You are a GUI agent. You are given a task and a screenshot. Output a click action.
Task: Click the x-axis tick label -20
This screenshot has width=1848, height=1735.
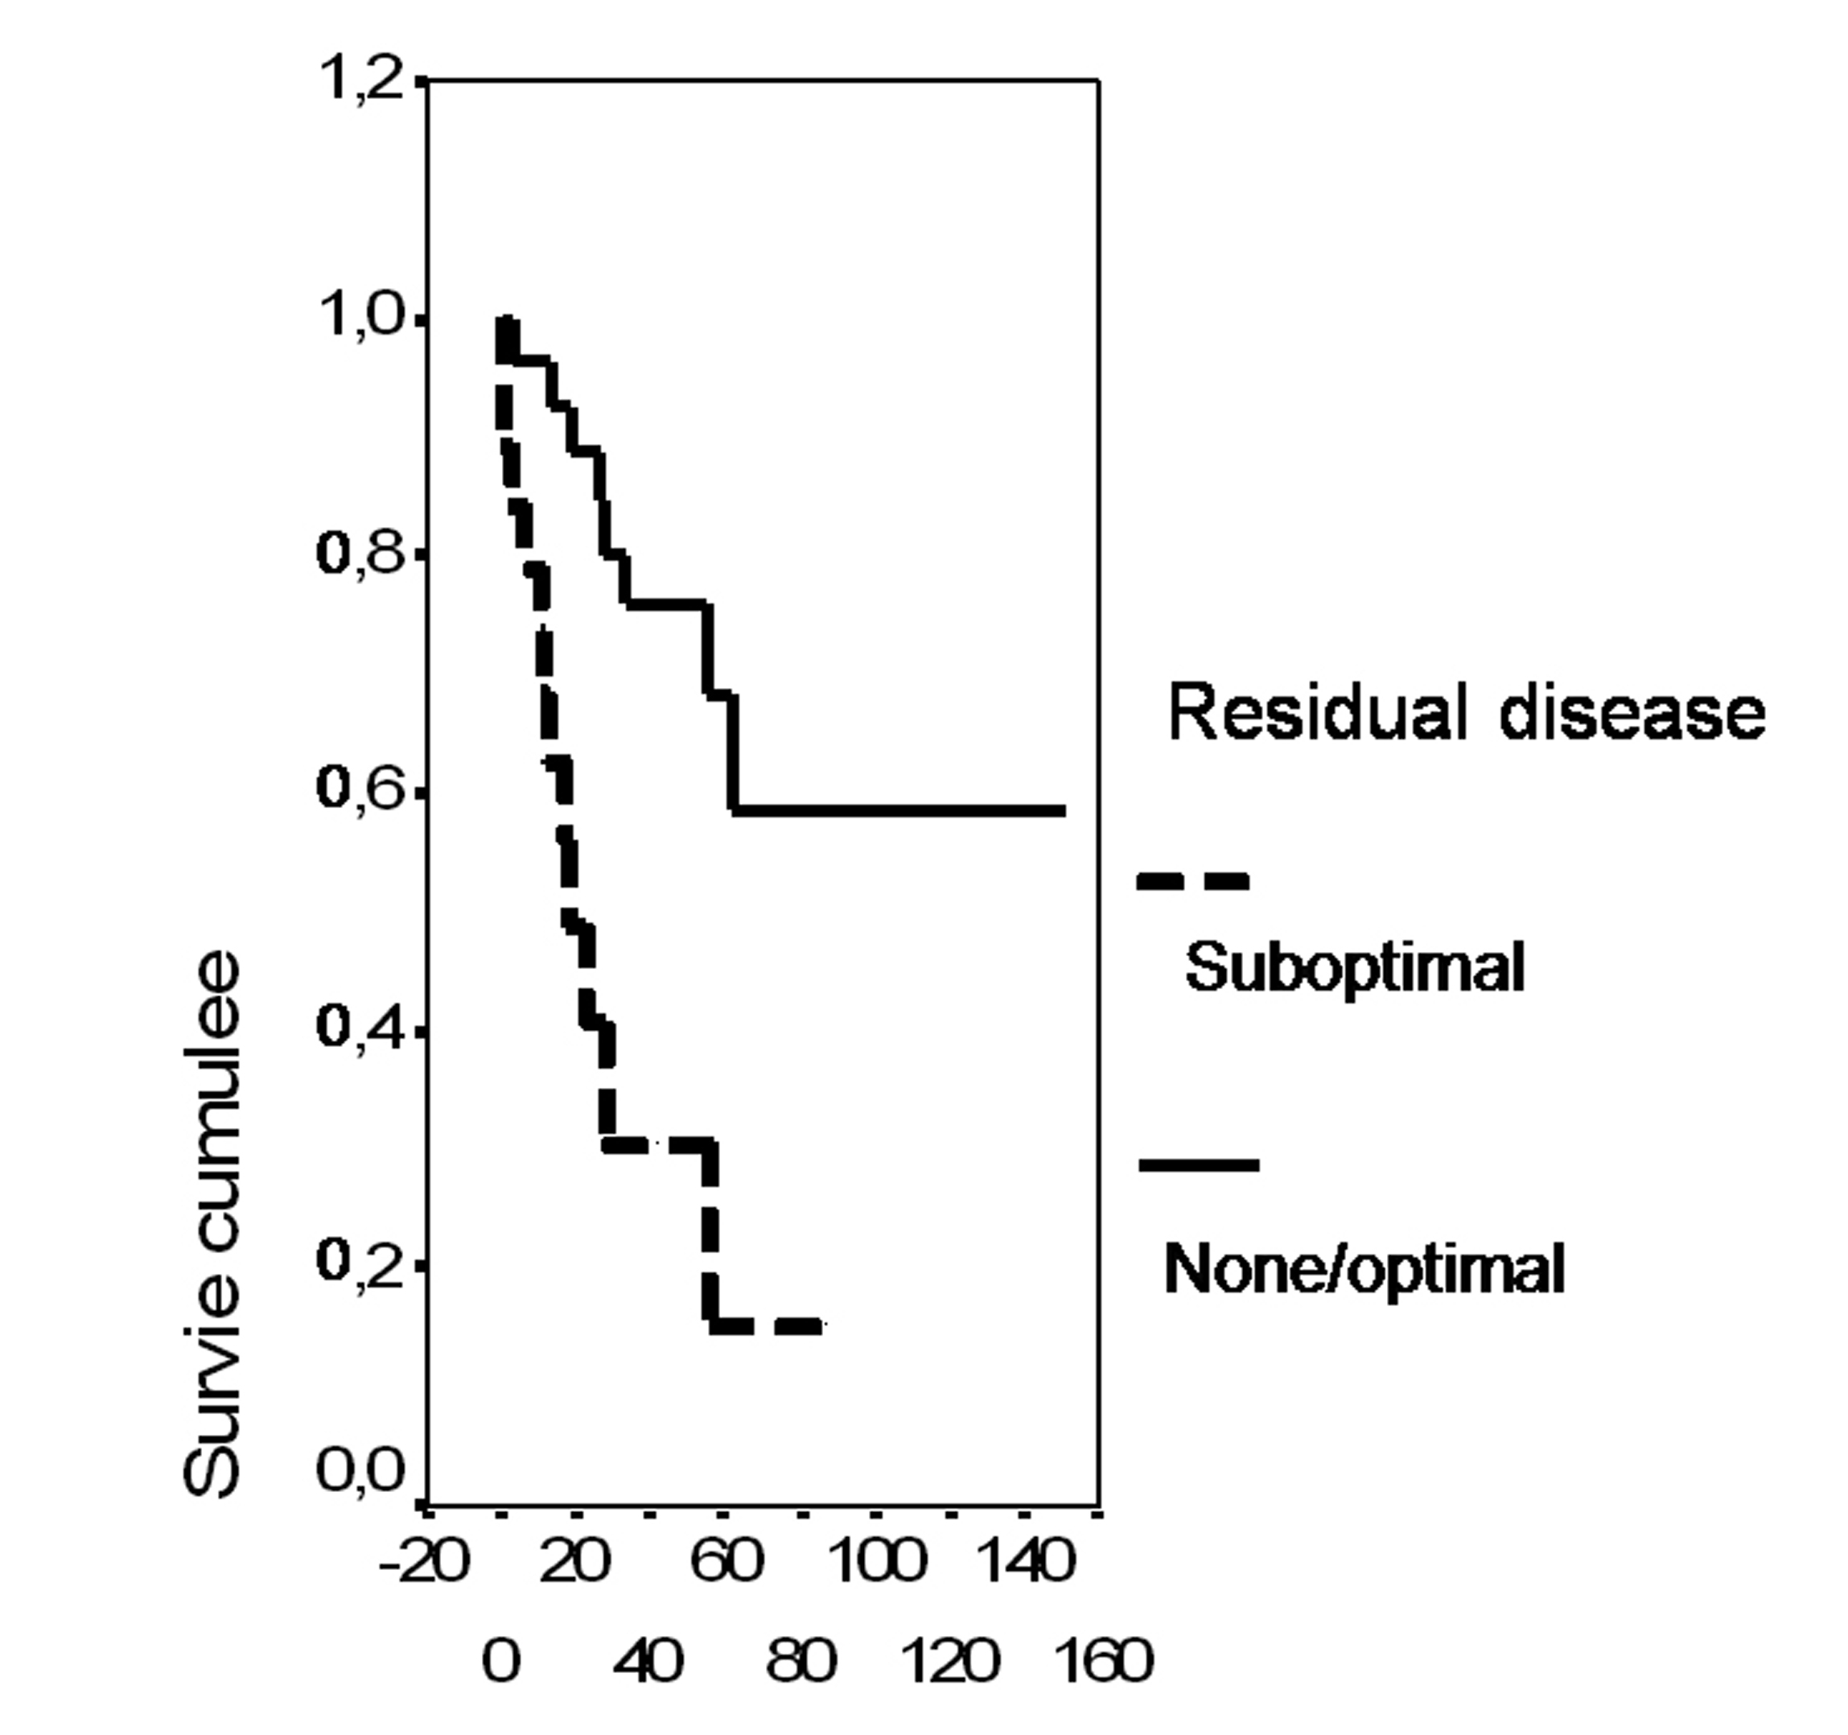pyautogui.click(x=423, y=1562)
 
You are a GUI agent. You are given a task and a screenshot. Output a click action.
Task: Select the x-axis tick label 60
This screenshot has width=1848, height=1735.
pyautogui.click(x=726, y=1562)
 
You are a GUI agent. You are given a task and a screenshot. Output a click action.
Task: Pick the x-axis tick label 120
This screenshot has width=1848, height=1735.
pyautogui.click(x=950, y=1662)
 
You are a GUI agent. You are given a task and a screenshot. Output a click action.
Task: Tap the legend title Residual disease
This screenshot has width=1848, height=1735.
pyautogui.click(x=1466, y=714)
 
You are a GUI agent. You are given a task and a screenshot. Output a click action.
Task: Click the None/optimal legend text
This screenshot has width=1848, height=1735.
pyautogui.click(x=1364, y=1269)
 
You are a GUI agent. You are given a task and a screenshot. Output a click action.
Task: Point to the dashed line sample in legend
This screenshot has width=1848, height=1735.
pyautogui.click(x=1192, y=881)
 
